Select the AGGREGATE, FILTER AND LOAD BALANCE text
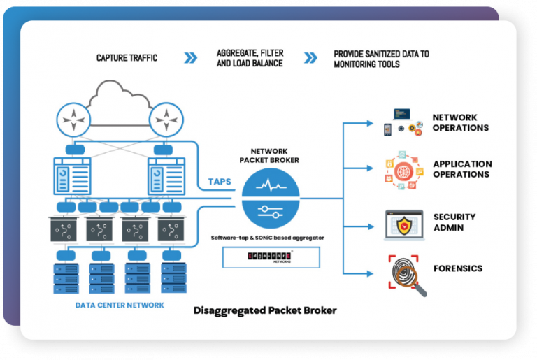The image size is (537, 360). (250, 58)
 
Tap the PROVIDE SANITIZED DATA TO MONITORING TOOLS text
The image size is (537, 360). (381, 58)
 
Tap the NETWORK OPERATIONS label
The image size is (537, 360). (460, 122)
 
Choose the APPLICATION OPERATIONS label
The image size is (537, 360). (462, 168)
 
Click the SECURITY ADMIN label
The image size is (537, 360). (454, 222)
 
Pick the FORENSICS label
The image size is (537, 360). (457, 268)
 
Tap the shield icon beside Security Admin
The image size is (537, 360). (404, 223)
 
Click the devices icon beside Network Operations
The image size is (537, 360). (403, 122)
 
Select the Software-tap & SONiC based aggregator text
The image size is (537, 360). (268, 238)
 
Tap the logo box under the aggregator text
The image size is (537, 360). (270, 258)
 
